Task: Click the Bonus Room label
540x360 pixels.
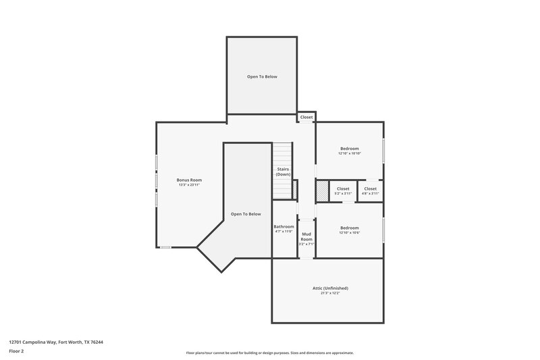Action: [x=189, y=180]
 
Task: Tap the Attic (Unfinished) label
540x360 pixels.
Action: [x=330, y=288]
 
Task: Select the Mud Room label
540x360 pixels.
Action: [x=306, y=237]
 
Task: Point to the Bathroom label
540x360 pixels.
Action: [x=283, y=226]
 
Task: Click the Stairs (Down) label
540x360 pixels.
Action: [x=283, y=172]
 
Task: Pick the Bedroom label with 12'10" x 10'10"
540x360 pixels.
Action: [x=349, y=149]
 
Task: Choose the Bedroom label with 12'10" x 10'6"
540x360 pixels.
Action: [x=349, y=228]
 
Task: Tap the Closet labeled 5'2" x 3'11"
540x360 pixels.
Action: [x=343, y=188]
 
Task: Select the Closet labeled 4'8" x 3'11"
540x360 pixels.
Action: [x=370, y=188]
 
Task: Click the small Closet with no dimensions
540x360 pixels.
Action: [x=306, y=117]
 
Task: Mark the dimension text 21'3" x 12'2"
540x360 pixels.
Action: [x=330, y=293]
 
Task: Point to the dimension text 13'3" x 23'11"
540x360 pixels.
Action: [x=189, y=185]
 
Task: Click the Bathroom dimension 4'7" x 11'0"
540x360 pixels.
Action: [x=283, y=232]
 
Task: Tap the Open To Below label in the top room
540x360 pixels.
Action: [x=261, y=76]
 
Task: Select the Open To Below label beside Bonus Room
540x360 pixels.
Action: [x=246, y=214]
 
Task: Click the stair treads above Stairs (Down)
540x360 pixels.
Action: [x=283, y=153]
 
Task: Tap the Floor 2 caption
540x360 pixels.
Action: [x=17, y=352]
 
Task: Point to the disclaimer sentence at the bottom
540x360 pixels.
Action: [x=269, y=353]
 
